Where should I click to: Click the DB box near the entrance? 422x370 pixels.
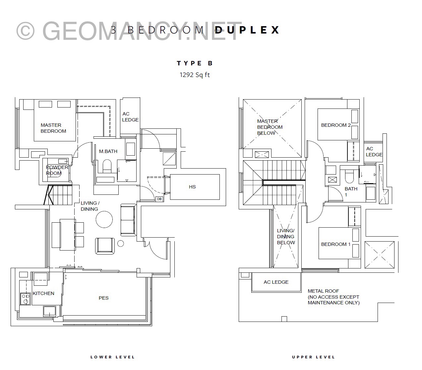tap(159, 199)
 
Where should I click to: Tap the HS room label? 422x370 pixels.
tap(192, 187)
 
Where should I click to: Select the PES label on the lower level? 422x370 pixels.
tap(103, 298)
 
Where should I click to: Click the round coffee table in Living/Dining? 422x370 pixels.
tap(104, 219)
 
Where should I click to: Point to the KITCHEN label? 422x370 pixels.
tap(43, 293)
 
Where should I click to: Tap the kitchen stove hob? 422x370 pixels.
tap(26, 299)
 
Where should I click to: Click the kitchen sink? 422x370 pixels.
tap(49, 311)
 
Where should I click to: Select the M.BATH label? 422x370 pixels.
tap(108, 151)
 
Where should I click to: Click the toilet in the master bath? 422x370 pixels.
tap(107, 166)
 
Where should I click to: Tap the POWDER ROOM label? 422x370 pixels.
tap(57, 170)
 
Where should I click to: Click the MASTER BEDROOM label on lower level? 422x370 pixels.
tap(53, 128)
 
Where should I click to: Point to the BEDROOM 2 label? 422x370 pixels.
tap(336, 125)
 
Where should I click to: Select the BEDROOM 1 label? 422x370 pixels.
tap(336, 244)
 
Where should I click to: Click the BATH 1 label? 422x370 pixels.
tap(351, 191)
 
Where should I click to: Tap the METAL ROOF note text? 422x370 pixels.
tap(333, 297)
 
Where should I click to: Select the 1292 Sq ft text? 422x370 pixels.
tap(195, 75)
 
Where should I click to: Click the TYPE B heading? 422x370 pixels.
tap(195, 63)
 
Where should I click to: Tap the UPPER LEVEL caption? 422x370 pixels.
tap(313, 357)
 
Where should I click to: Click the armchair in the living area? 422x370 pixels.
tap(105, 246)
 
